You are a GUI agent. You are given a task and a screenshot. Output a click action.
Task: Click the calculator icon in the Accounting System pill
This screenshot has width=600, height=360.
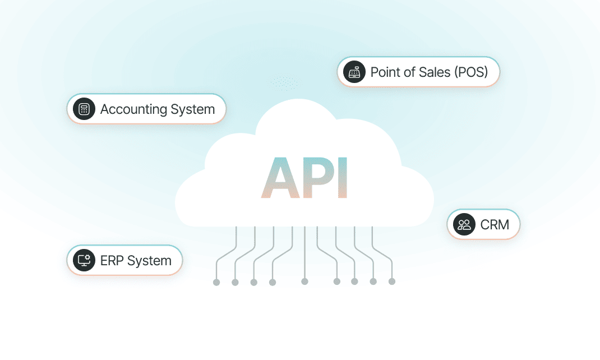84,109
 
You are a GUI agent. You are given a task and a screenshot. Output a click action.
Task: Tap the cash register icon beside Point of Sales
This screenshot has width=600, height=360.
354,72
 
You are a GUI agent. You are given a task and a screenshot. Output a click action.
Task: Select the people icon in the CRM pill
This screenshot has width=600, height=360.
464,225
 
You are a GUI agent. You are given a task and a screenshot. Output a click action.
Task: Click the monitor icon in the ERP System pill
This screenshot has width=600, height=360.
84,261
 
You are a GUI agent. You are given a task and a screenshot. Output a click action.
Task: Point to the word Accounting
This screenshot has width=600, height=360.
133,110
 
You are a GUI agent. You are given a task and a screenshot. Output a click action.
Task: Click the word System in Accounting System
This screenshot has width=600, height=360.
192,110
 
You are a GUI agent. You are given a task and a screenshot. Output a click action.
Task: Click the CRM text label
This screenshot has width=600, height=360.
495,225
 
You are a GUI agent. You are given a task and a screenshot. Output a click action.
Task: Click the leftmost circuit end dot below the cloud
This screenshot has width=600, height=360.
216,282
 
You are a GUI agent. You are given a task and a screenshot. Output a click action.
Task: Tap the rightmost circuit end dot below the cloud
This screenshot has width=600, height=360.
392,281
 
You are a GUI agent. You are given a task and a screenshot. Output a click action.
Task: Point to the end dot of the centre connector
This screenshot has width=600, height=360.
304,281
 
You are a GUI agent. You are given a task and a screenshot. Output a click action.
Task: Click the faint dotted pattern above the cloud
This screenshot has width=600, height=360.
284,84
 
